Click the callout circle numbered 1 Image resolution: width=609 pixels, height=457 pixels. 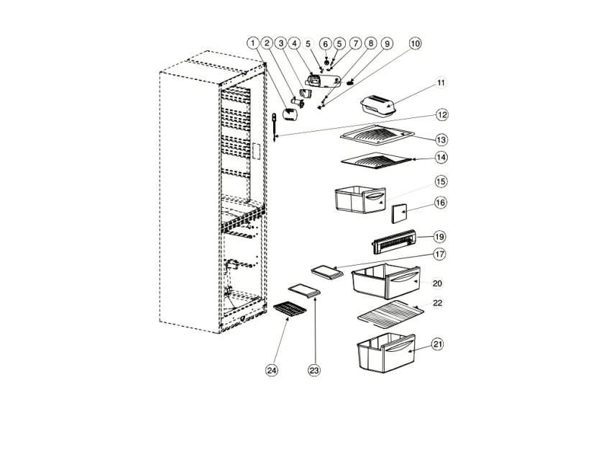pyautogui.click(x=253, y=43)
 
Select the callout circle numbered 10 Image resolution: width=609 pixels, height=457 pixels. pyautogui.click(x=415, y=43)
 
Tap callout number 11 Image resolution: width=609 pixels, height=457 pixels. pyautogui.click(x=441, y=83)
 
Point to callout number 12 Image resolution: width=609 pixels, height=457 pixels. pyautogui.click(x=441, y=114)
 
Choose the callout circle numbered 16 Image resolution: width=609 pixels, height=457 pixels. pyautogui.click(x=441, y=203)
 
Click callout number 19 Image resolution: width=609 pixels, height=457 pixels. pyautogui.click(x=439, y=236)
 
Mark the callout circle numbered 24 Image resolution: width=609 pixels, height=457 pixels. pyautogui.click(x=271, y=370)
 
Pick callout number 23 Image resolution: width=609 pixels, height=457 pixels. pyautogui.click(x=314, y=370)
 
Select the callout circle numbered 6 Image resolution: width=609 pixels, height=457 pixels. pyautogui.click(x=325, y=43)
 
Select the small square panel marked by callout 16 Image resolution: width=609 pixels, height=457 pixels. pyautogui.click(x=399, y=213)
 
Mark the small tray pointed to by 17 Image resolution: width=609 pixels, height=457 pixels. pyautogui.click(x=324, y=271)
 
